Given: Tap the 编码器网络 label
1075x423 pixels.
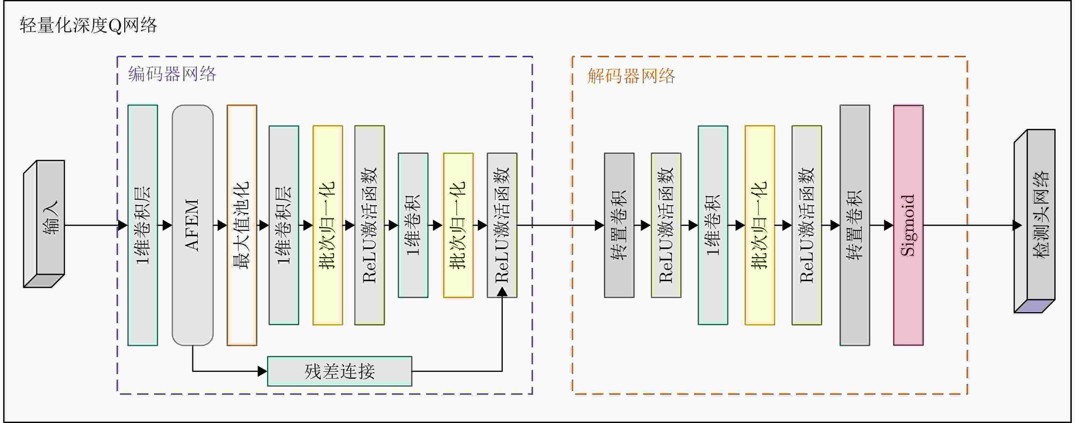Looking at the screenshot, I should tap(172, 74).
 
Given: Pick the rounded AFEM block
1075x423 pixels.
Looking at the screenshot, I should tap(192, 225).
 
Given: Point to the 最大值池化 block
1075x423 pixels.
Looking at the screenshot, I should tap(242, 225).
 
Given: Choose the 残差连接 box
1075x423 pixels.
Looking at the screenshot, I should tap(339, 371).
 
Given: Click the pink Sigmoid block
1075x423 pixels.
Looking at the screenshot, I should tap(908, 225).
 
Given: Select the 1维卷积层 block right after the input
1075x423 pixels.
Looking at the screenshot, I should tap(142, 225).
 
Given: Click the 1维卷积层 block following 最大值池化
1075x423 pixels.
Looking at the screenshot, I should tap(284, 225).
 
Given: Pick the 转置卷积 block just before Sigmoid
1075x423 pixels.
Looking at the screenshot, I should tap(855, 225).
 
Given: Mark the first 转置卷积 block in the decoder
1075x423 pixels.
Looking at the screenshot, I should tap(619, 225).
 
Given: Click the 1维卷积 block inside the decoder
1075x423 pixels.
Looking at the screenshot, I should tap(713, 225).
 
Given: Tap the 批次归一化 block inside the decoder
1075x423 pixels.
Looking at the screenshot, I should tap(759, 225).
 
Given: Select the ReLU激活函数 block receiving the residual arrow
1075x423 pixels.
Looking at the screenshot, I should tap(502, 225).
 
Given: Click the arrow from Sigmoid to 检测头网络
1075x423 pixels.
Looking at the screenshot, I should tap(968, 225).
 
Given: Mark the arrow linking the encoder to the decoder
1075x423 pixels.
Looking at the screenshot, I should tap(559, 225).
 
